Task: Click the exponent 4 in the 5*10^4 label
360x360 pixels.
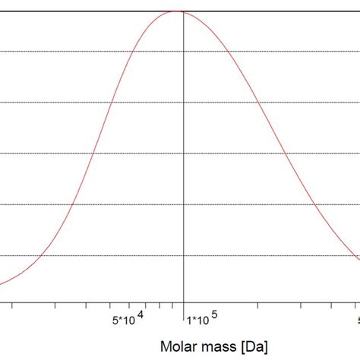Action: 139,313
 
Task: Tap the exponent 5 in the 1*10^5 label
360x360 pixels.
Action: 214,313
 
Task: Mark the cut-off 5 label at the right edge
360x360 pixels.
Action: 357,320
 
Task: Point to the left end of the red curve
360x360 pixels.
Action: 1,285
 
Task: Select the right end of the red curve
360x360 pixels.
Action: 359,258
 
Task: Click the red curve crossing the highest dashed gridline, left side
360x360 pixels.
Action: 134,52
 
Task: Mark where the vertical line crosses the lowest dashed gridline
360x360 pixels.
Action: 183,256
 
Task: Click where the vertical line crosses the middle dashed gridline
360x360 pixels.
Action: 183,153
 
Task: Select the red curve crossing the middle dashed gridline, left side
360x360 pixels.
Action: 92,153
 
